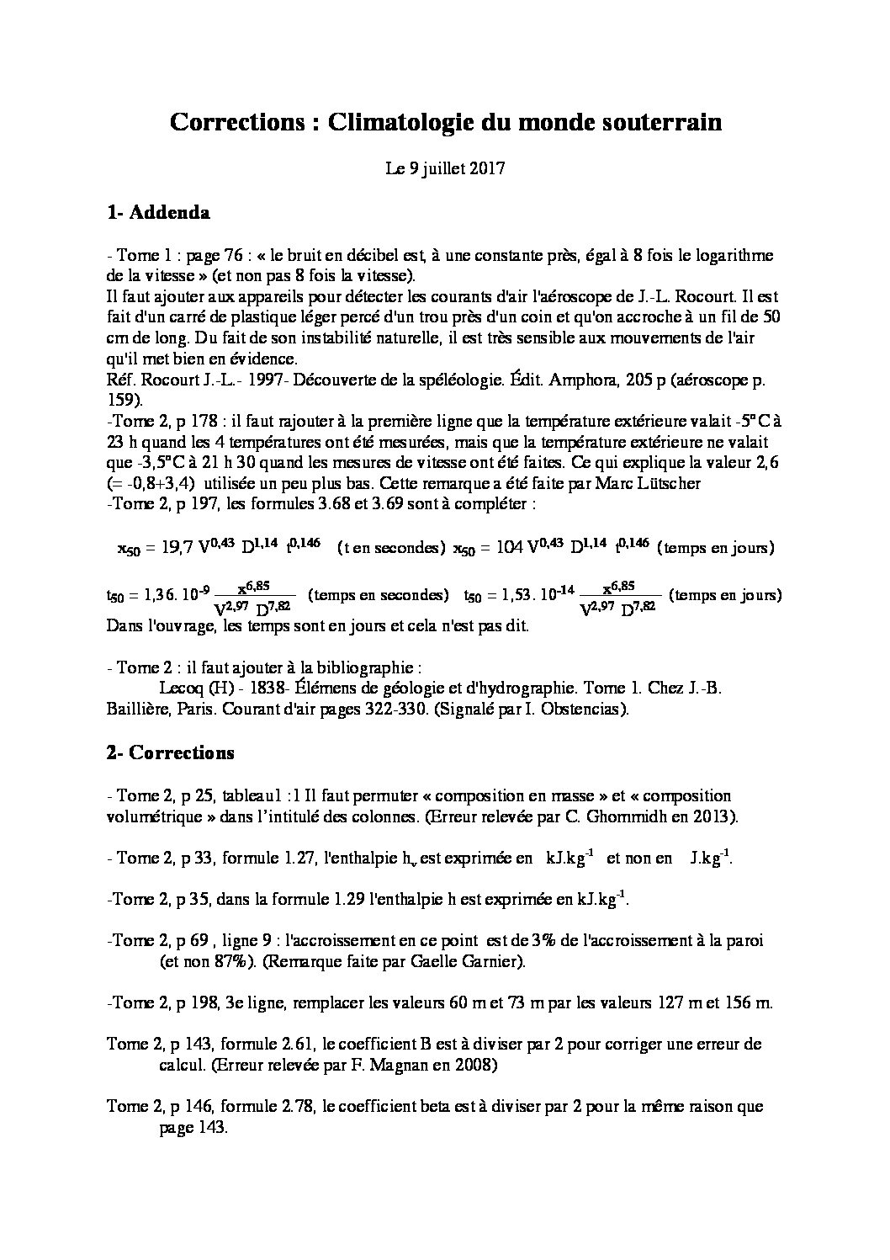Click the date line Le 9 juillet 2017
445,168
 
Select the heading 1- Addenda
158,213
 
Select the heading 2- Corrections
170,752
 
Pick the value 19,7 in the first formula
176,549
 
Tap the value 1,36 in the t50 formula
154,597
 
